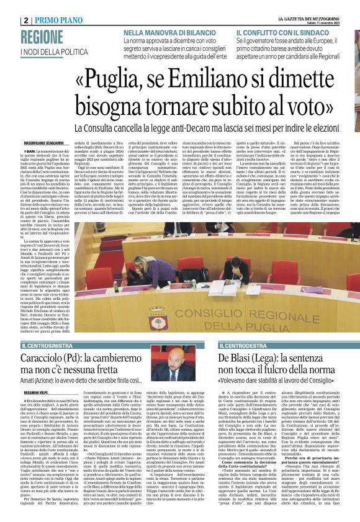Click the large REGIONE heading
click(x=43, y=37)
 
